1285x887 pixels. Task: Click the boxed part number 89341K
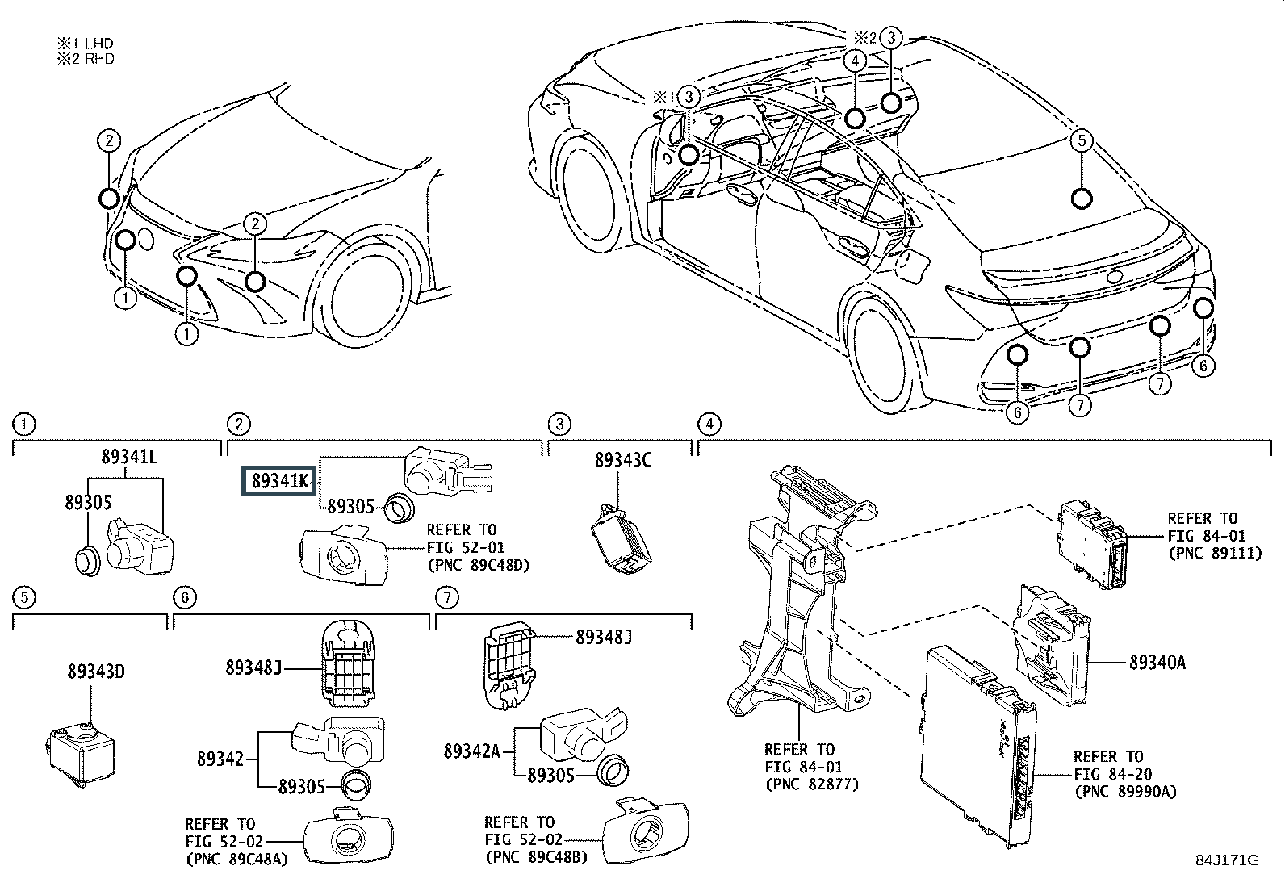point(278,480)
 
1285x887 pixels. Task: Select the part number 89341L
point(130,457)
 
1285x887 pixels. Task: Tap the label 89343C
point(623,460)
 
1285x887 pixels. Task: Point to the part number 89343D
point(96,672)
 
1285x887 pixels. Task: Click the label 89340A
point(1157,663)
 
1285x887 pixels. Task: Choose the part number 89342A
point(472,751)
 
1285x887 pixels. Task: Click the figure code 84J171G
point(1227,860)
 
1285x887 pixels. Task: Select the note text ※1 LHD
point(85,43)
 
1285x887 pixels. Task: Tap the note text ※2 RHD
point(86,59)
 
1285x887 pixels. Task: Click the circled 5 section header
point(24,597)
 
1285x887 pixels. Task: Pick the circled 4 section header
point(709,424)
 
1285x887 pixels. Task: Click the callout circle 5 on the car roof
point(1082,140)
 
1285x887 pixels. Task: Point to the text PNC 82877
point(812,784)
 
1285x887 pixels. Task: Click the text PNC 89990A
point(1126,792)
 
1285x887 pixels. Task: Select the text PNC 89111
point(1216,553)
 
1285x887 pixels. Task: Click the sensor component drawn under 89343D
point(80,754)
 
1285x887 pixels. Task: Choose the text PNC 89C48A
point(236,859)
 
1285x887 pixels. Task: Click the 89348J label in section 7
point(604,637)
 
